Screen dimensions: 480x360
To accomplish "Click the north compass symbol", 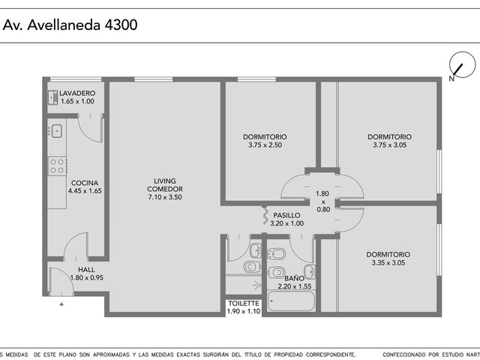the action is [x=462, y=65].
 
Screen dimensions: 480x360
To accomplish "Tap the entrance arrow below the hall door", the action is [x=61, y=304].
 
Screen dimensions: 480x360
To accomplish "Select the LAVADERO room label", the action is [x=77, y=93].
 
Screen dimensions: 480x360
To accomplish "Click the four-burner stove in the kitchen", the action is [x=57, y=166].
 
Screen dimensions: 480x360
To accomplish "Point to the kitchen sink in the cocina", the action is [x=57, y=131].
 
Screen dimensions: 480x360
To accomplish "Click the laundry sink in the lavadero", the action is [x=53, y=97].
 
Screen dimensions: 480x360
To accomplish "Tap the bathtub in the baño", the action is [x=291, y=301].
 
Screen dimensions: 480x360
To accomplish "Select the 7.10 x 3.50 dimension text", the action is [x=165, y=197].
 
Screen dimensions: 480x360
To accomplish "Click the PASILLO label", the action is [x=286, y=215].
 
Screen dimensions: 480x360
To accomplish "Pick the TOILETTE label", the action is [x=244, y=303].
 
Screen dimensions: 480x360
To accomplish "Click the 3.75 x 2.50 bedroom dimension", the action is [x=265, y=145].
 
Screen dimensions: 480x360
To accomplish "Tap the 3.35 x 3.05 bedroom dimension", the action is [x=388, y=262].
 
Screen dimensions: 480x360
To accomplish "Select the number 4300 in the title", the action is [x=121, y=25].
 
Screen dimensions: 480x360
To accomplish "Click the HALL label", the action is [x=87, y=270].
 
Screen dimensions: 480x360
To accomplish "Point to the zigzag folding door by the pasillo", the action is [x=265, y=215].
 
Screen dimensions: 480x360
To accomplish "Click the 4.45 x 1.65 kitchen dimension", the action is [x=85, y=190].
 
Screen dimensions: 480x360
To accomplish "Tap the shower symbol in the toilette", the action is [x=257, y=286].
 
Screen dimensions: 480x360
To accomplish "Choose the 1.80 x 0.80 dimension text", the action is [x=322, y=202].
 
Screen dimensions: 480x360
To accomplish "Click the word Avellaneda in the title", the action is [x=64, y=25].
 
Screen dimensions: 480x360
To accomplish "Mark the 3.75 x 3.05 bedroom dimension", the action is [x=390, y=145].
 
